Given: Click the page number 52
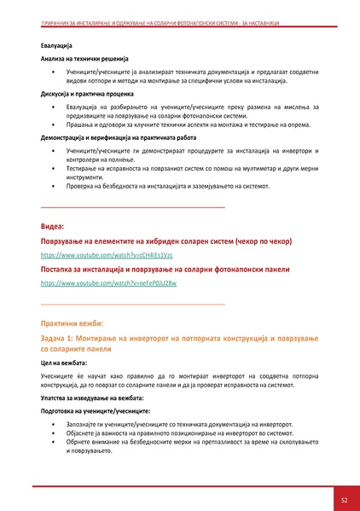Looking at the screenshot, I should (x=343, y=499).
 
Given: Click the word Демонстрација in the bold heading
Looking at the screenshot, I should (x=64, y=136).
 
